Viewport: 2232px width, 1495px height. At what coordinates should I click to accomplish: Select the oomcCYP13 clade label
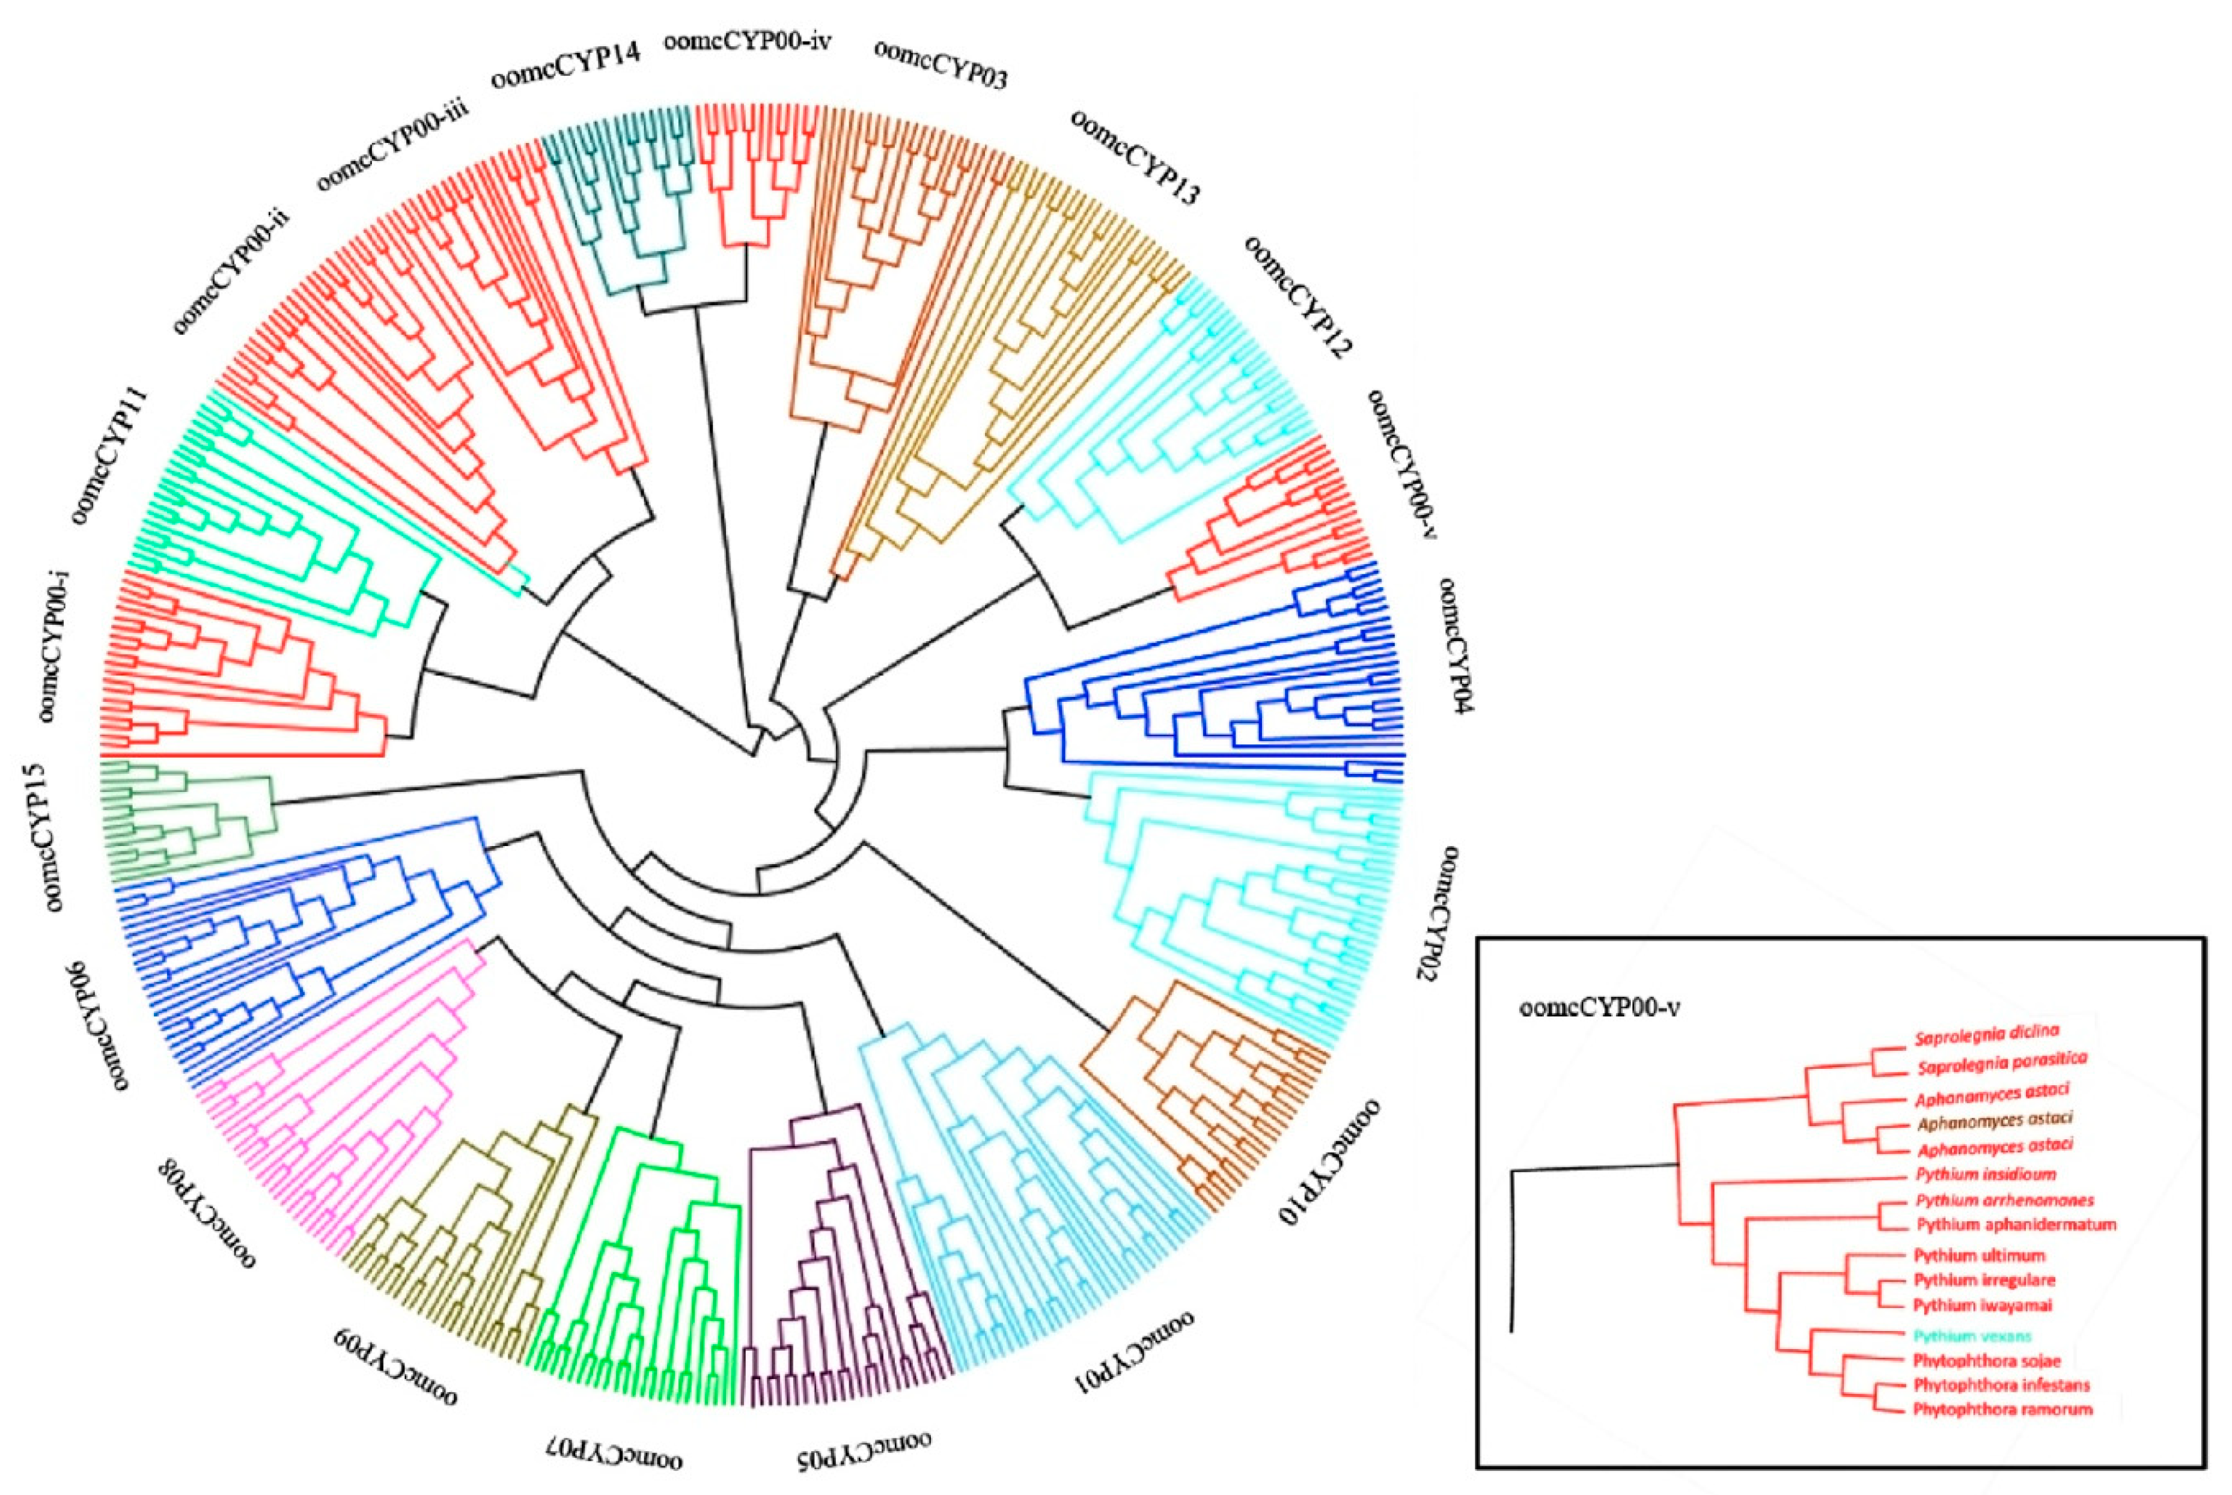coord(1135,157)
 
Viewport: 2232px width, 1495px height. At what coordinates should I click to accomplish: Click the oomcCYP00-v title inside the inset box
coord(1599,1007)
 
